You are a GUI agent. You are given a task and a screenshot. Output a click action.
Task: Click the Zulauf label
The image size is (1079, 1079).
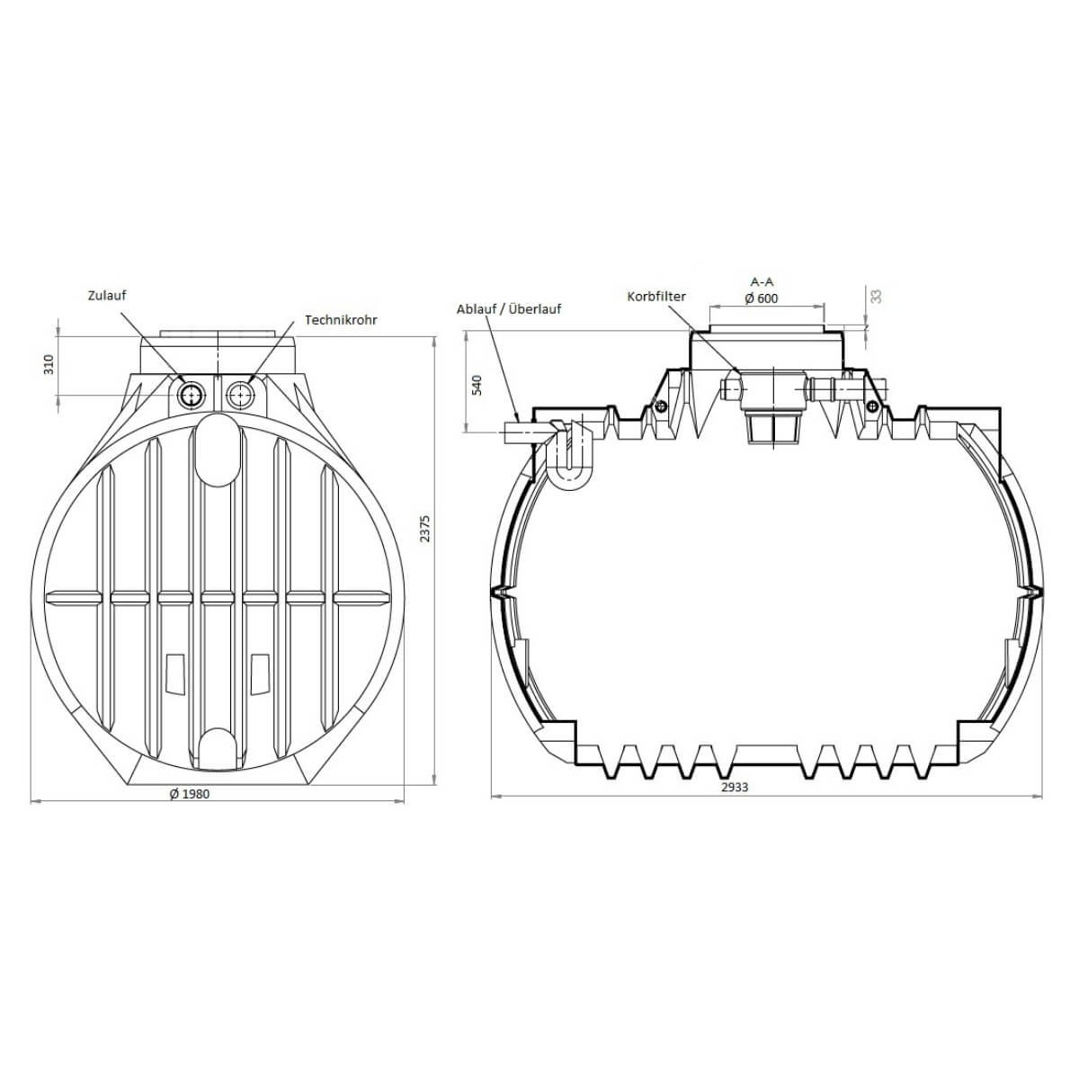pyautogui.click(x=107, y=295)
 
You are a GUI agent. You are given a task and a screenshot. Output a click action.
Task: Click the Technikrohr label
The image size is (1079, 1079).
pyautogui.click(x=341, y=320)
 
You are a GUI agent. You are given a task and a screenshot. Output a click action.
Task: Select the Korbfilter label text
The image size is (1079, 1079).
pyautogui.click(x=656, y=296)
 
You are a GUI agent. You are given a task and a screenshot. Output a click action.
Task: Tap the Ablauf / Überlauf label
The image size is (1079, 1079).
pyautogui.click(x=508, y=308)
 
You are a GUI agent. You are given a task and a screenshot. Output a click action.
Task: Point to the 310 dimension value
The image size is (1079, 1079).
pyautogui.click(x=49, y=364)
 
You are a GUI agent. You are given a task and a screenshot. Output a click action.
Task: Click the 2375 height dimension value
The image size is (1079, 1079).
pyautogui.click(x=425, y=528)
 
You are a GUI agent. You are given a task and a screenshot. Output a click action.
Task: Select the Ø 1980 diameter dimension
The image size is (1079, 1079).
pyautogui.click(x=189, y=793)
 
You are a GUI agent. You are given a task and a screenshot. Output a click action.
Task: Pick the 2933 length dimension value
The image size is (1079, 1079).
pyautogui.click(x=735, y=787)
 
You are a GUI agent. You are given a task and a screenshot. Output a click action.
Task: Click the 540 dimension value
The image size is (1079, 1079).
pyautogui.click(x=477, y=385)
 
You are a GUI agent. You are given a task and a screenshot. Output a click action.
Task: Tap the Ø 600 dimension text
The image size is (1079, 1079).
pyautogui.click(x=761, y=299)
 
